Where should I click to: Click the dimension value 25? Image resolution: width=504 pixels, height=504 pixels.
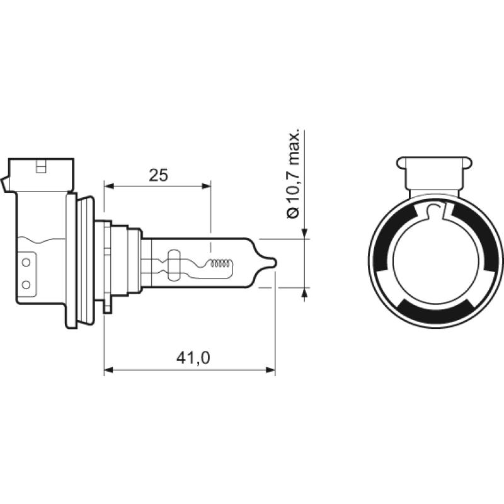159,176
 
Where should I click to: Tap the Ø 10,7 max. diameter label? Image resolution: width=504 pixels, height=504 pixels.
293,176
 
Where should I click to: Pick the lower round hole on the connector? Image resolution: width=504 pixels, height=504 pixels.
26,285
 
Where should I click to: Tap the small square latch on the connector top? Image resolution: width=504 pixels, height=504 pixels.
42,168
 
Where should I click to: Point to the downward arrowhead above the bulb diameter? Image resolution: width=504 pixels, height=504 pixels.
306,234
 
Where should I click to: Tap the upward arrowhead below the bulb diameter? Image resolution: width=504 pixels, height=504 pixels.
306,292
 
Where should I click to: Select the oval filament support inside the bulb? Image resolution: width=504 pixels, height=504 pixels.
175,263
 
